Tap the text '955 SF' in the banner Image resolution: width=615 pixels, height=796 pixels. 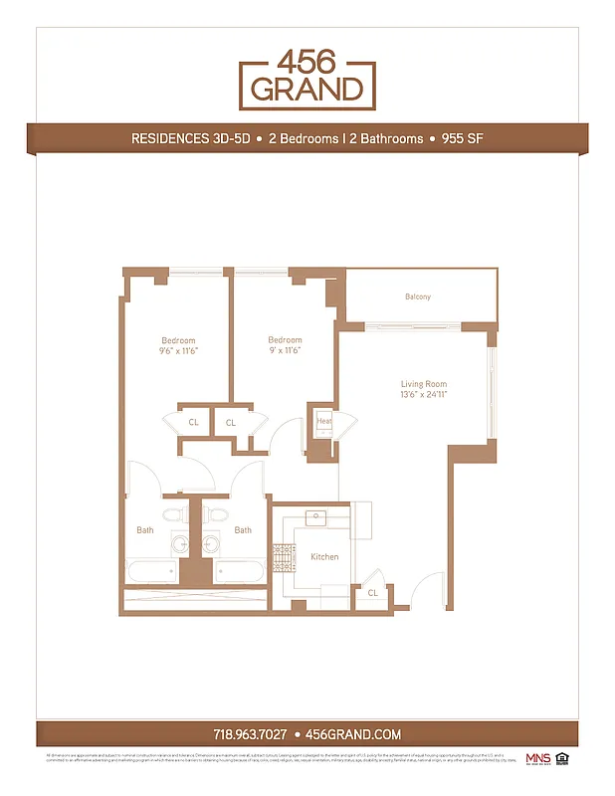click(461, 138)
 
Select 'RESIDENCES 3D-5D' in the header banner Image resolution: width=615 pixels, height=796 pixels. click(189, 138)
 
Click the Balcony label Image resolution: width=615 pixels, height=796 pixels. click(418, 298)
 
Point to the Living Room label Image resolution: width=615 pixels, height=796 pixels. click(424, 384)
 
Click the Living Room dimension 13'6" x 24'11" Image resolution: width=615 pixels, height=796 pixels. click(424, 395)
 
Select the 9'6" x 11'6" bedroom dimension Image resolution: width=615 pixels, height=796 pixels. click(179, 351)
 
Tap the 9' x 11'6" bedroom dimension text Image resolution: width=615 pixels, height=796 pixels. click(285, 351)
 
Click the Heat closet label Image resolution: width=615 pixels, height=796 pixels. click(324, 421)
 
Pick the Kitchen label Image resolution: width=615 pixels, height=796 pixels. click(324, 556)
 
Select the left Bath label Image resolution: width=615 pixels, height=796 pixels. click(145, 530)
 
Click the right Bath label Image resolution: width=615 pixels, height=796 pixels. click(243, 530)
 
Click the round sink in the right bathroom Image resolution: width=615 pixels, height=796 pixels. click(212, 543)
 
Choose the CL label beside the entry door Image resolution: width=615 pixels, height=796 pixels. click(372, 593)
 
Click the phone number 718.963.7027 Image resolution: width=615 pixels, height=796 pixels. click(250, 734)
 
